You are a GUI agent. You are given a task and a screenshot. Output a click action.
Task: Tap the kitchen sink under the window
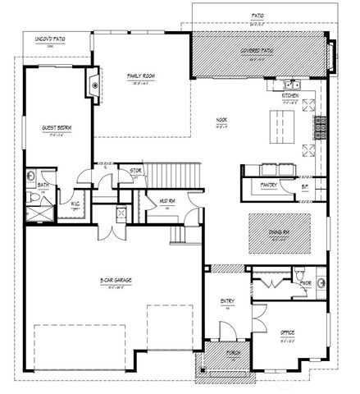[x=292, y=85]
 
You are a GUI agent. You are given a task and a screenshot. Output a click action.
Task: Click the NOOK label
[x=221, y=120]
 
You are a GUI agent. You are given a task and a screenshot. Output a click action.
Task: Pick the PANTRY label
[x=269, y=186]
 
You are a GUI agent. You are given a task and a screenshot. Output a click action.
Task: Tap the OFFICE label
[x=287, y=332]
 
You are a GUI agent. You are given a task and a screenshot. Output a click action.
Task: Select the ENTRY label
[x=227, y=301]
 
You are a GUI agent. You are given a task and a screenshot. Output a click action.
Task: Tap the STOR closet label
[x=137, y=171]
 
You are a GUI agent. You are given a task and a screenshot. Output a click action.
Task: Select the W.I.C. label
[x=75, y=204]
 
